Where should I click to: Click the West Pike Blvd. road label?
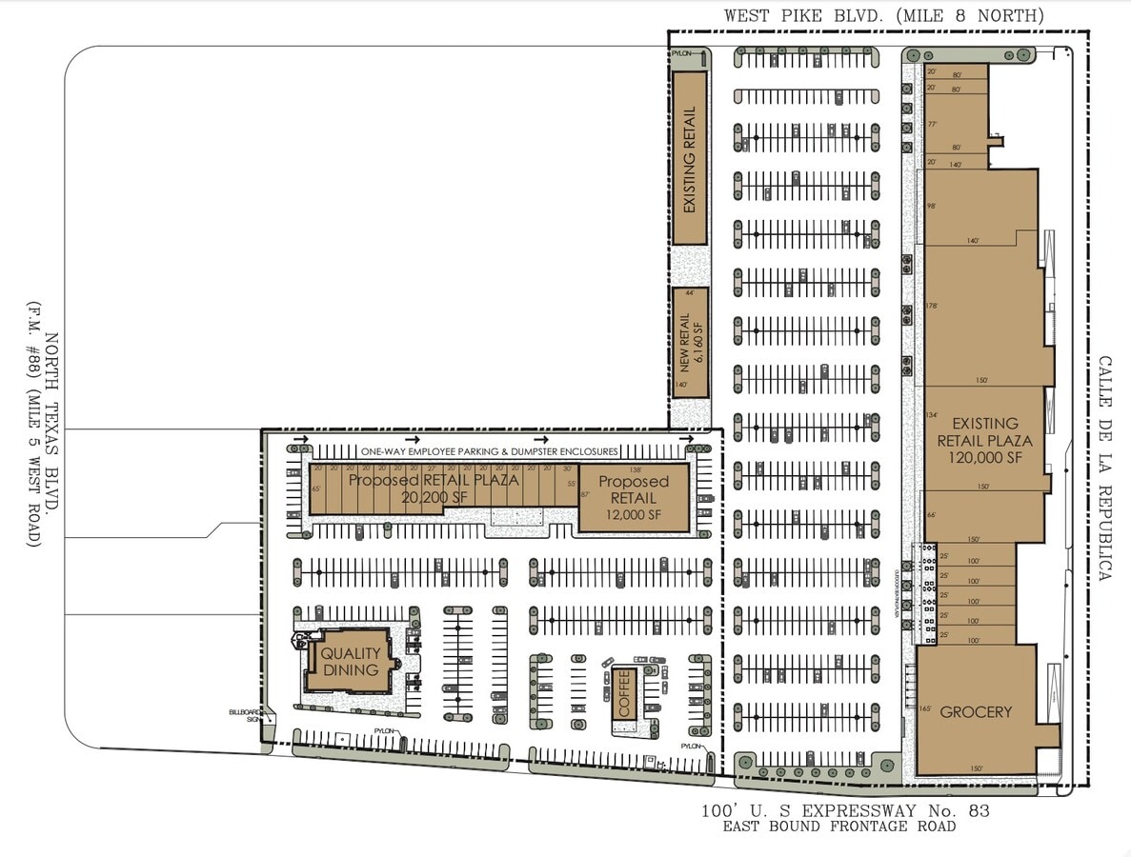tap(883, 15)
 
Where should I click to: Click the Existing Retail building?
tap(690, 158)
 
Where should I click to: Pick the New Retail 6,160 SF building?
tap(690, 342)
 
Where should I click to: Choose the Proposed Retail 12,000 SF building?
tap(634, 498)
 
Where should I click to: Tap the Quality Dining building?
tap(350, 662)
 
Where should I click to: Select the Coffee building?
tap(624, 693)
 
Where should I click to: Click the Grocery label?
tap(976, 711)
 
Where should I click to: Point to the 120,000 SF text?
tap(984, 458)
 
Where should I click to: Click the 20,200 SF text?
tap(409, 496)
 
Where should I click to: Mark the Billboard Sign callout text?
tap(244, 715)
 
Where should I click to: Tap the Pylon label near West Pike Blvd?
tap(682, 55)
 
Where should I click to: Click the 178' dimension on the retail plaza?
tap(932, 306)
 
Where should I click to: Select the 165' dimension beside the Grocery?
tap(924, 708)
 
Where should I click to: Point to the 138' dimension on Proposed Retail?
tap(634, 470)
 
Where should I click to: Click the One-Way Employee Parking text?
tap(490, 451)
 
